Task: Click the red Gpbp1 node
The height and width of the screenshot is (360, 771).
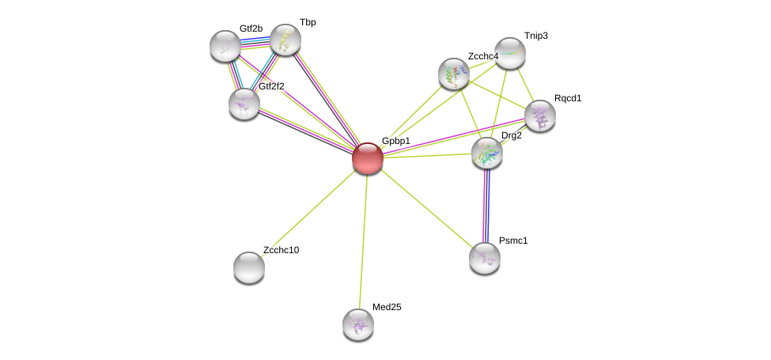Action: click(x=367, y=157)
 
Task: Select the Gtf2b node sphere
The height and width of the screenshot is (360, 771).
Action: click(x=225, y=46)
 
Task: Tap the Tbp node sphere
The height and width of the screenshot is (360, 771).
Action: click(x=285, y=39)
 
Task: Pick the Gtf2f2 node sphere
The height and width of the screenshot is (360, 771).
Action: click(x=244, y=103)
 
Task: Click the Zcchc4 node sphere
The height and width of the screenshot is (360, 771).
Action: click(x=454, y=74)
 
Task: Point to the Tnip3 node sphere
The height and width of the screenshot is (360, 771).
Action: click(x=510, y=53)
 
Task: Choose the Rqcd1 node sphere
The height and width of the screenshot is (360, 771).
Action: click(x=540, y=116)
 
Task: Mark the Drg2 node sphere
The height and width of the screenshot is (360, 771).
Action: click(x=486, y=153)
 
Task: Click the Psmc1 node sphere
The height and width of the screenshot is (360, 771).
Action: click(x=485, y=257)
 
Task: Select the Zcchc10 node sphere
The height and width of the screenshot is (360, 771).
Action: click(x=249, y=267)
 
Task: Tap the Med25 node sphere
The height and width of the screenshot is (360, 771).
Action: click(x=358, y=324)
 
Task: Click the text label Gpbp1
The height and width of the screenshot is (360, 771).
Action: click(x=395, y=141)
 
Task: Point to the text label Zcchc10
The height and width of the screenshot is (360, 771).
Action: click(x=281, y=250)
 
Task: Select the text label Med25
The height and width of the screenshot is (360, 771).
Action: click(x=387, y=307)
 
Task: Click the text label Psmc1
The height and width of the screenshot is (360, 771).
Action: click(x=513, y=240)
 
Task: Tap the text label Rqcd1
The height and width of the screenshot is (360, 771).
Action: click(x=567, y=98)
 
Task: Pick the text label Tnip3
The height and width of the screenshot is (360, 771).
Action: click(x=535, y=36)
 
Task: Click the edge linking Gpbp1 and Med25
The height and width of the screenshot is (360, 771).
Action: click(x=363, y=237)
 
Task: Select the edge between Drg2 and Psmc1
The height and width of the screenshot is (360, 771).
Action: click(x=486, y=206)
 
